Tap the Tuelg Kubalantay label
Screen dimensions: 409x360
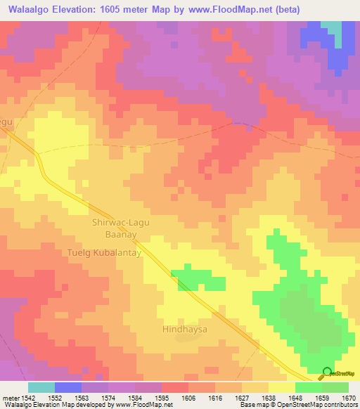click(105, 252)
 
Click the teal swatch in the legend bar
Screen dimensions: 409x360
click(41, 387)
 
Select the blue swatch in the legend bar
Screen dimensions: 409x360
click(68, 387)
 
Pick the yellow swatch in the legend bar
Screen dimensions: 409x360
click(282, 387)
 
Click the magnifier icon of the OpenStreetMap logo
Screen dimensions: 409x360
click(326, 372)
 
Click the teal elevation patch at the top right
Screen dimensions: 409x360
click(332, 28)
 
